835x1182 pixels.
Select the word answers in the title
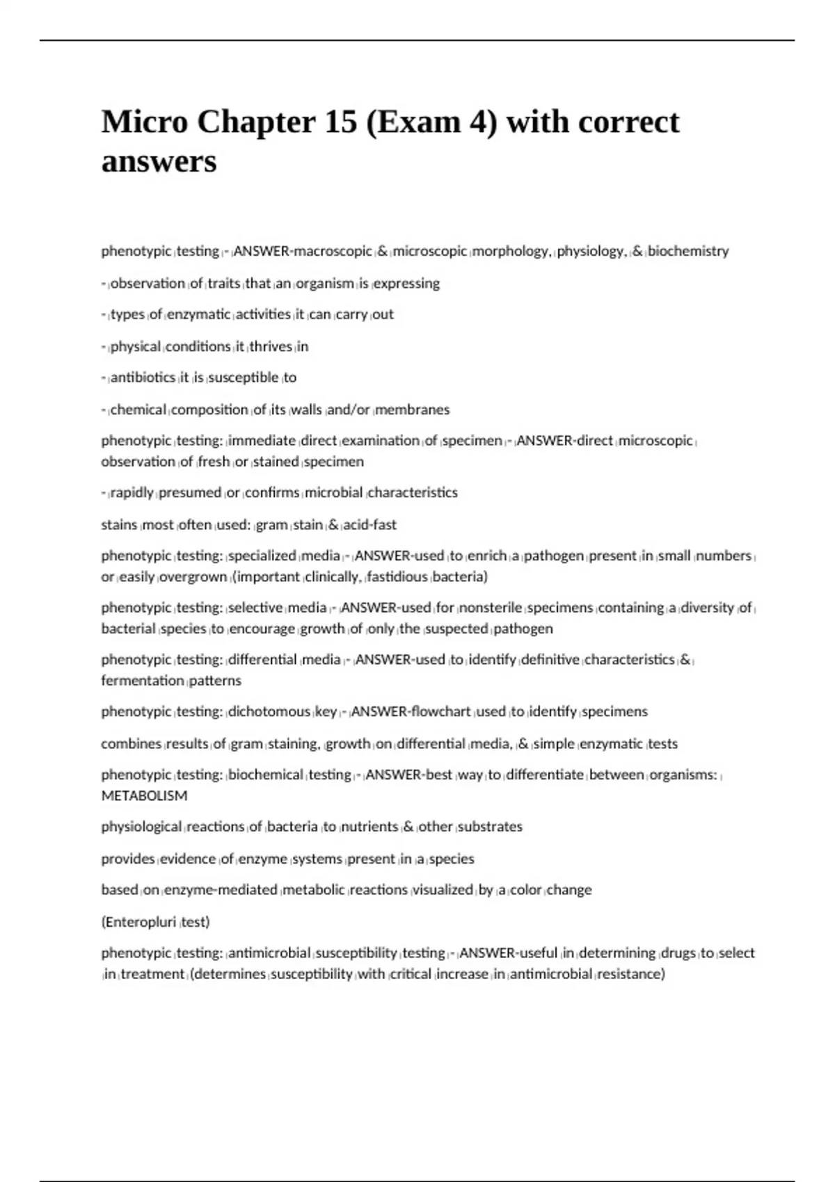(159, 162)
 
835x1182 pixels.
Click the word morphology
(512, 251)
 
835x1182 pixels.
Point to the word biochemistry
(688, 251)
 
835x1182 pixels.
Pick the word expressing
(407, 283)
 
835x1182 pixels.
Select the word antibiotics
(143, 377)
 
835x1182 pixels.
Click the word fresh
(214, 461)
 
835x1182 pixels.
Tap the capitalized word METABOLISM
(144, 795)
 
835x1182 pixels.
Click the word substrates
(491, 827)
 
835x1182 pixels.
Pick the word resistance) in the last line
(631, 973)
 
